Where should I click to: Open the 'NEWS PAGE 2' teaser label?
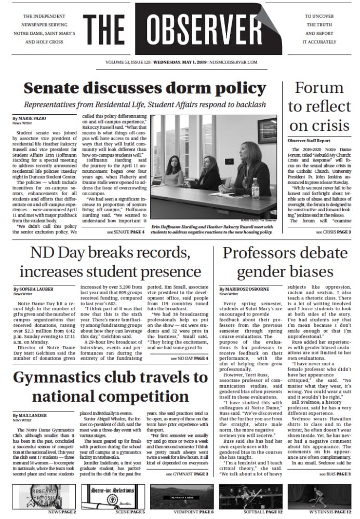coord(62,512)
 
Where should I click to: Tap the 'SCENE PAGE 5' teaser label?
coord(130,512)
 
